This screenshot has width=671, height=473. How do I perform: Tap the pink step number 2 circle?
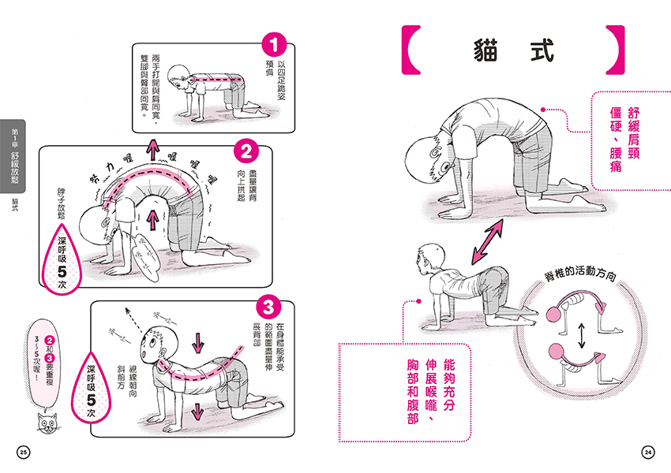[246, 149]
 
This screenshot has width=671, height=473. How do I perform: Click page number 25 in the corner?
[23, 452]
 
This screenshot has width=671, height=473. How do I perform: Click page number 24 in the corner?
[648, 452]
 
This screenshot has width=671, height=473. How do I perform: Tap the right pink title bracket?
[615, 50]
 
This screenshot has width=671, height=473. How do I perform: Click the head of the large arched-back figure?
[427, 157]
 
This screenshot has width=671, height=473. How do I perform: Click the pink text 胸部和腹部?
[411, 388]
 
